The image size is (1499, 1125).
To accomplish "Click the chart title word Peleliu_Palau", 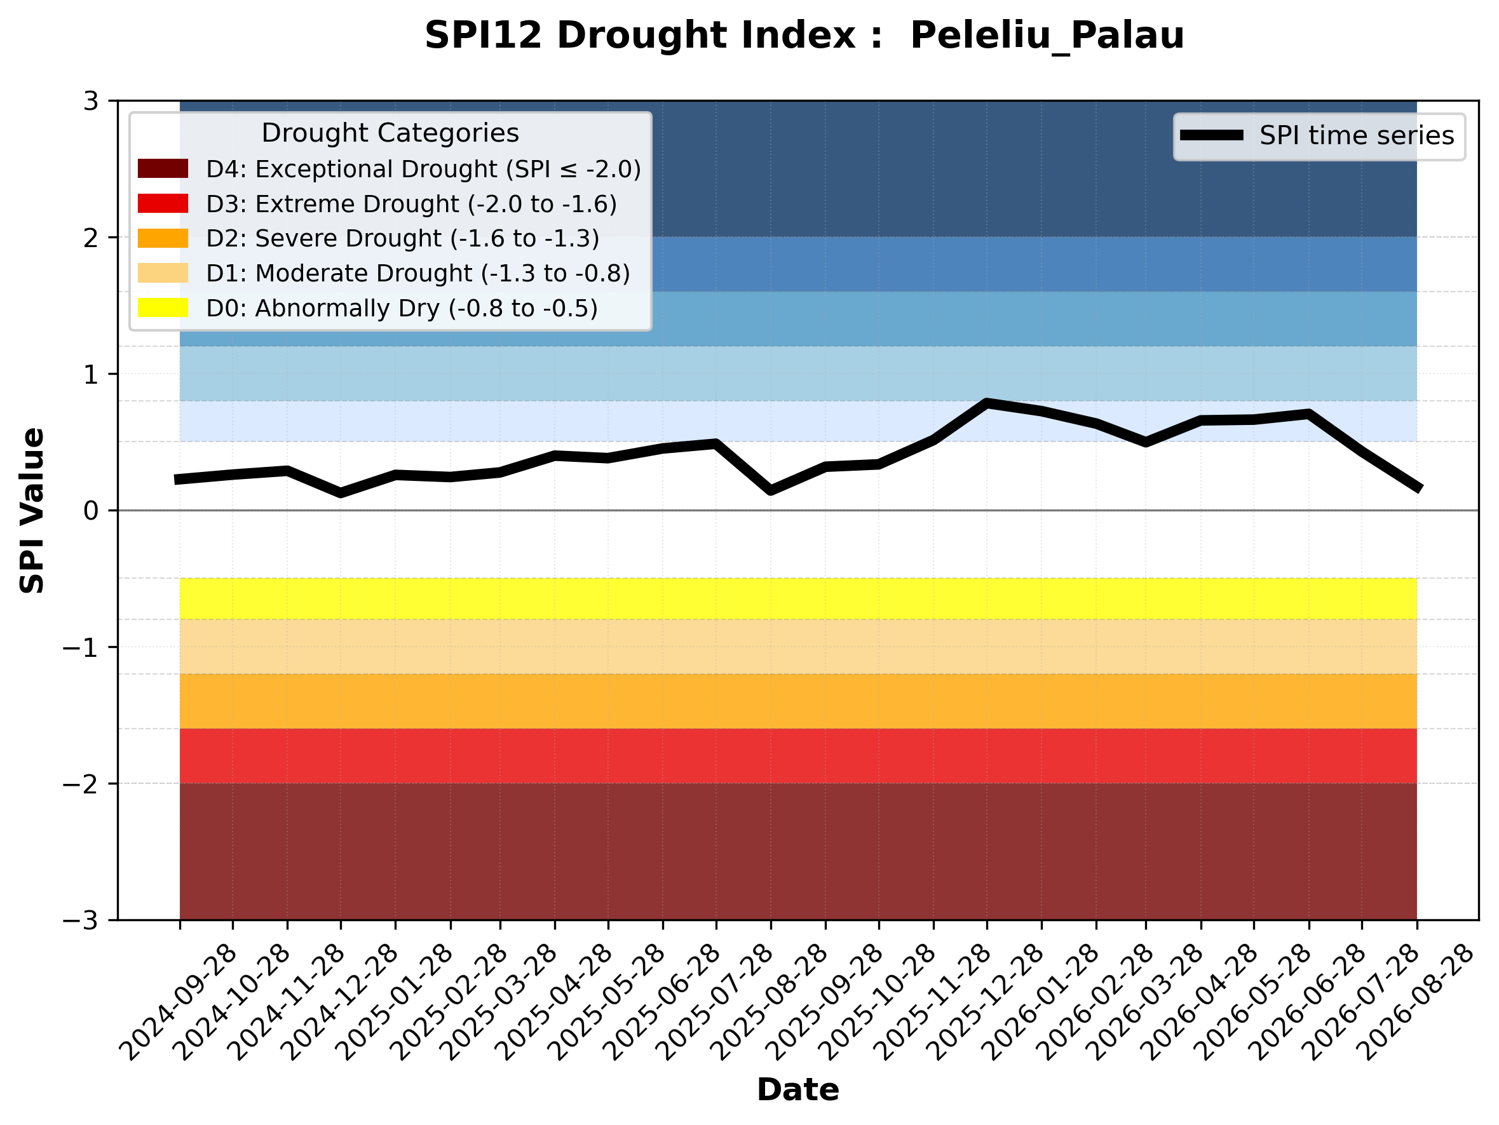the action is coord(1047,35).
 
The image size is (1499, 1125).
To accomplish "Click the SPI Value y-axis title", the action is coord(32,511).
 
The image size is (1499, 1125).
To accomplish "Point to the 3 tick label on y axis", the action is coord(91,101).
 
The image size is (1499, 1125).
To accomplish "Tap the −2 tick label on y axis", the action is coord(81,784).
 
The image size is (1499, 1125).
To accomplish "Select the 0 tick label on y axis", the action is coord(91,511).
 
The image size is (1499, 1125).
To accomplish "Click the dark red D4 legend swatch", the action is coord(163,168).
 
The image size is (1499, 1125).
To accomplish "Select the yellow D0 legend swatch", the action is coord(163,307).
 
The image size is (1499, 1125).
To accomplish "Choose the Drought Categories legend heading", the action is coord(390,133).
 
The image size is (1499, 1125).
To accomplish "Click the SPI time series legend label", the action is coord(1357,135).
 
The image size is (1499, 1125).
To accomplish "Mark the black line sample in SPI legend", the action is coord(1212,135).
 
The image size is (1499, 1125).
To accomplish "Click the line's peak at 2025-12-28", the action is coord(987,403).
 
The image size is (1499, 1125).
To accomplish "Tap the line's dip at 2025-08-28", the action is coord(771,490).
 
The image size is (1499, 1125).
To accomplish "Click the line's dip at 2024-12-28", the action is coord(340,492).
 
